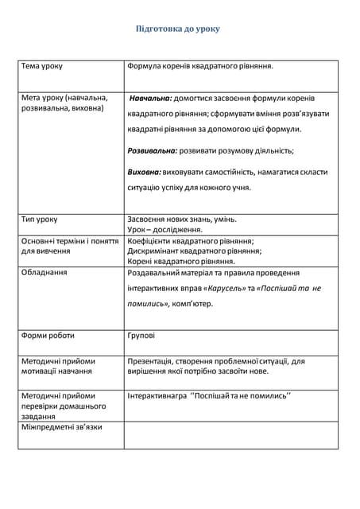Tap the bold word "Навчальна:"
coord(151,98)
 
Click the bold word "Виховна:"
coord(145,172)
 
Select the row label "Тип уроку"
coord(40,219)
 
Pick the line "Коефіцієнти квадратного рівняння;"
coord(191,240)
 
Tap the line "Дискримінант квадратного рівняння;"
coord(195,251)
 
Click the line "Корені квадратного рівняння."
coord(181,261)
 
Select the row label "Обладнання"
coord(44,272)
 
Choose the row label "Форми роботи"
coord(48,336)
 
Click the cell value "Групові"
coord(141,336)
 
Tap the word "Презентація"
coord(152,361)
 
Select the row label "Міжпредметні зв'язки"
coord(62,427)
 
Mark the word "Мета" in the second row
coord(31,97)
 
